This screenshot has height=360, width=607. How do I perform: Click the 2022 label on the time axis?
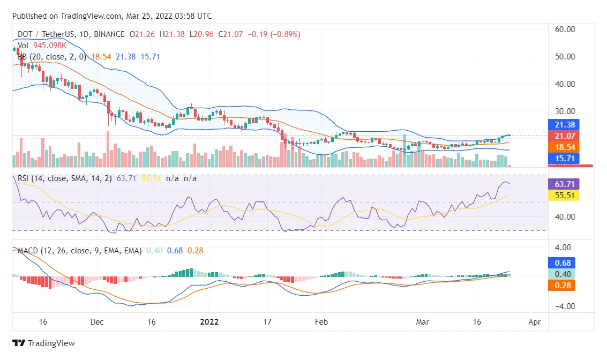click(x=209, y=322)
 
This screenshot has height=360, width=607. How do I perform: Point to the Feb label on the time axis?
click(x=321, y=322)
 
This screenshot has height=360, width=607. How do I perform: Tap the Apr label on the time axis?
click(x=534, y=322)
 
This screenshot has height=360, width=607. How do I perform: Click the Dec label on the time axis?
click(x=97, y=322)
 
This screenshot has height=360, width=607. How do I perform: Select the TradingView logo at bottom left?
click(x=44, y=343)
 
